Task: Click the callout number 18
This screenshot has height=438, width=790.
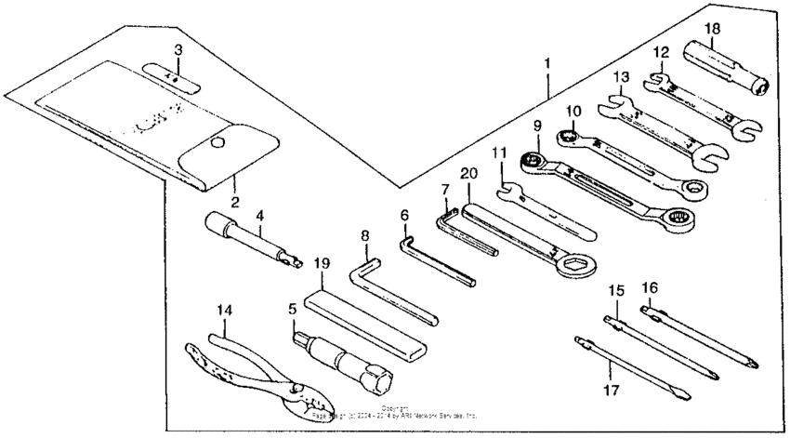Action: point(712,29)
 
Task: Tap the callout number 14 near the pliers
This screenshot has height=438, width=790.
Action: point(226,309)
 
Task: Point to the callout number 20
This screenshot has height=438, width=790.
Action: point(468,174)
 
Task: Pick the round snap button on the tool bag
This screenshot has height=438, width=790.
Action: point(217,142)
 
